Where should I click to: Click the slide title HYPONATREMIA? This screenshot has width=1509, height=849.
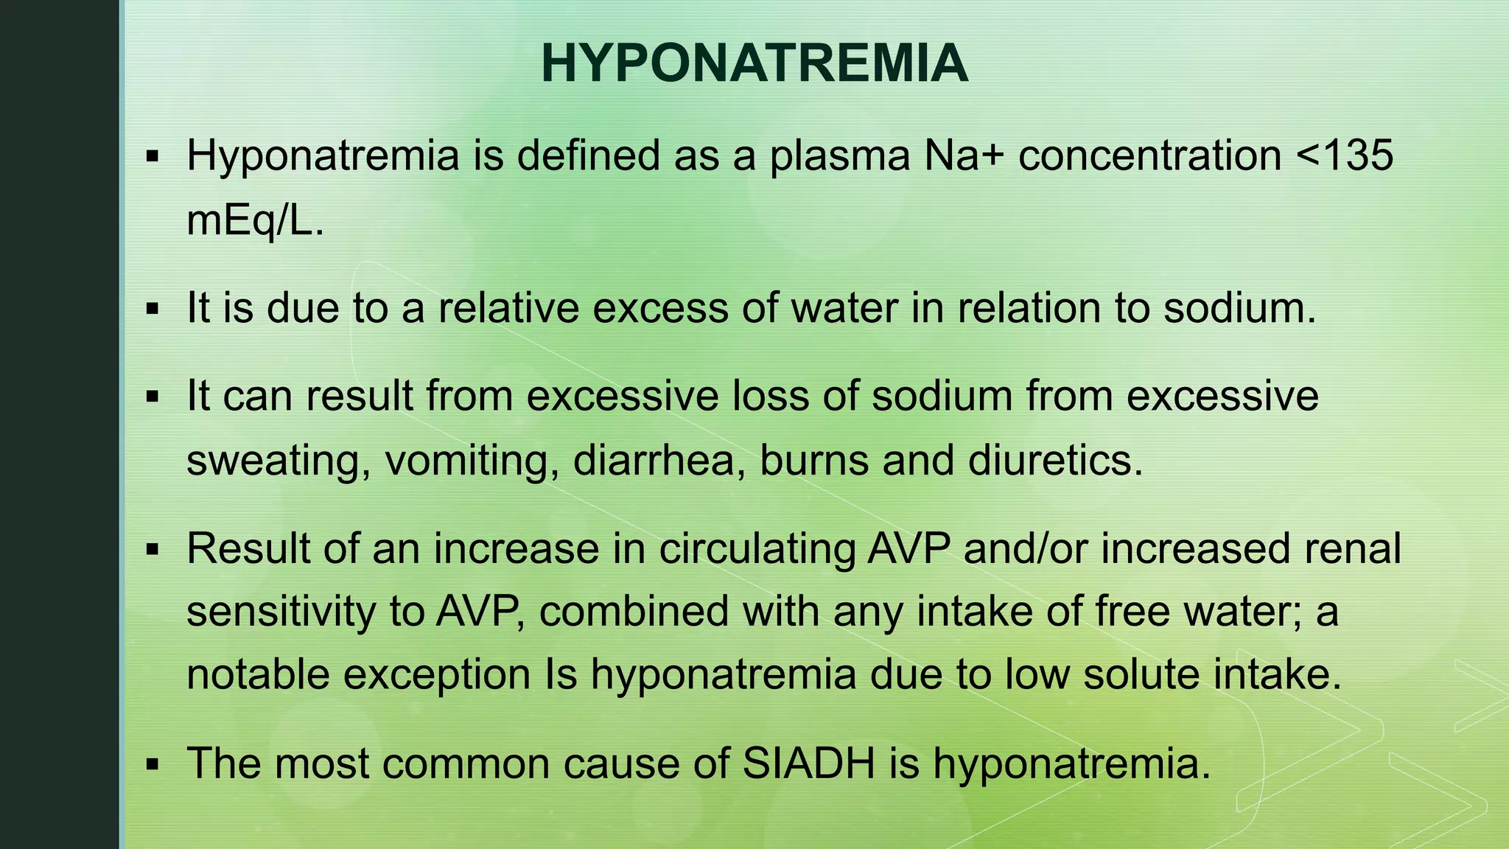[x=754, y=64]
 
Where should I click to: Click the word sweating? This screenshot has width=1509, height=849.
[x=278, y=462]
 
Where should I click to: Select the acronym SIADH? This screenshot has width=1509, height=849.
[x=808, y=763]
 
